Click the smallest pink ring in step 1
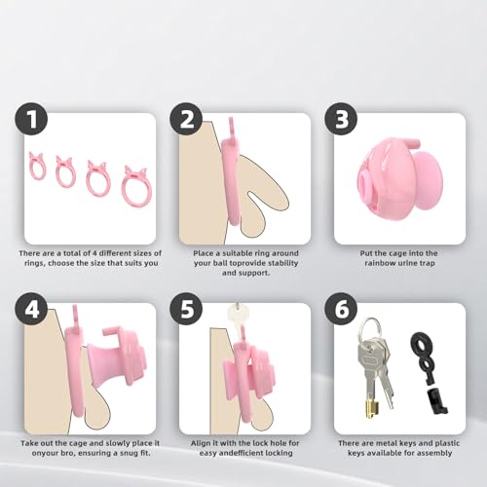pos(38,167)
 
